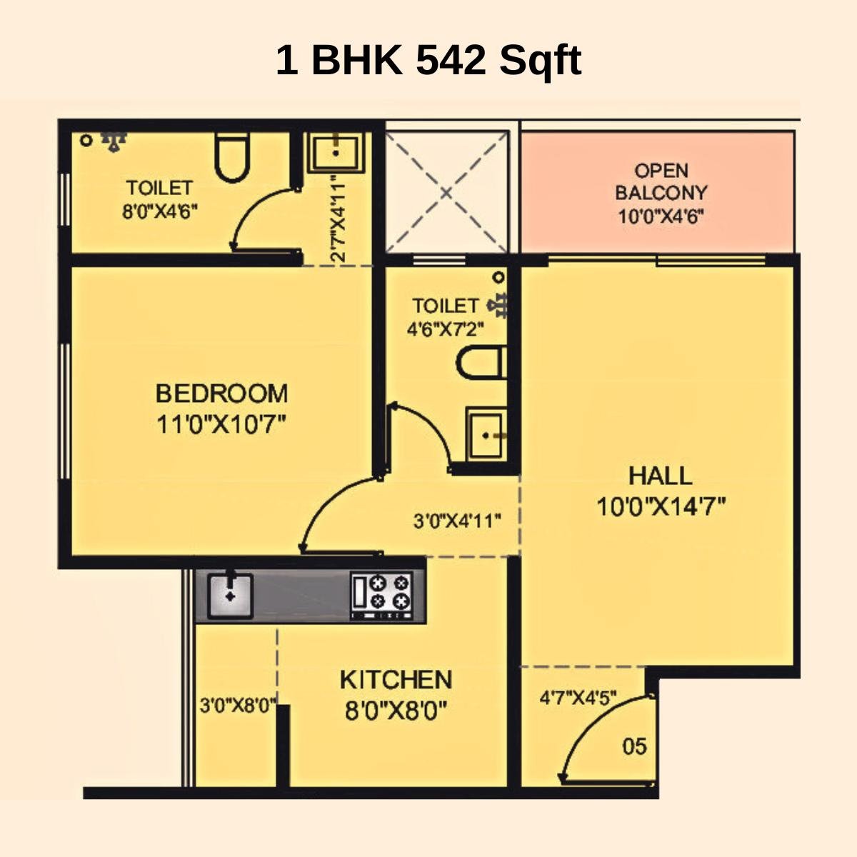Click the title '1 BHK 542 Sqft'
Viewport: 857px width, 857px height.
point(428,60)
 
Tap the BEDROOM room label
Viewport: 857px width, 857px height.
point(221,394)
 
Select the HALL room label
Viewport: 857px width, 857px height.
point(660,476)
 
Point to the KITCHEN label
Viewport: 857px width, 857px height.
point(395,679)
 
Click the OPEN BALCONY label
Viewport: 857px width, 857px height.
point(661,181)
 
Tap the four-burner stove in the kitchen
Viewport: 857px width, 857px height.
point(382,595)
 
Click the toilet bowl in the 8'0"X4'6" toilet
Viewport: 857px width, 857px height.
point(231,157)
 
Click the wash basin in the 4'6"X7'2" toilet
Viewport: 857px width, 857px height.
point(486,434)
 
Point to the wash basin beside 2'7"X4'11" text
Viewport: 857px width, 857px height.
point(335,151)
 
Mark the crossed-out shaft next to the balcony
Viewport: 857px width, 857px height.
point(446,191)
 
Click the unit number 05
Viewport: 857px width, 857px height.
point(634,747)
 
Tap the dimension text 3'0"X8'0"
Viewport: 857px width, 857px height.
point(238,706)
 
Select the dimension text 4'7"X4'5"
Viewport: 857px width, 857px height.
point(578,696)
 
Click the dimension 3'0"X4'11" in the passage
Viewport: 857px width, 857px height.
point(457,520)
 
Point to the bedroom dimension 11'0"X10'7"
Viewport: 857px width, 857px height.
point(221,425)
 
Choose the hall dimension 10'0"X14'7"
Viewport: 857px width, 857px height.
point(661,506)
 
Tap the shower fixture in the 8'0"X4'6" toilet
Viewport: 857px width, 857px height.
point(113,141)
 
